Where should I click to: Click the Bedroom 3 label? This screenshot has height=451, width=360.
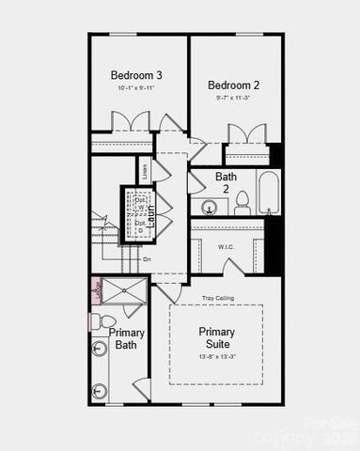tap(136, 75)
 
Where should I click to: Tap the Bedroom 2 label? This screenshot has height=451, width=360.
tap(233, 85)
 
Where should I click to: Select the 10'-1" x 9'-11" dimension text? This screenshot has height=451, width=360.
tap(136, 87)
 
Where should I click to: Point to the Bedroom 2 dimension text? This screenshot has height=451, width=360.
tap(233, 97)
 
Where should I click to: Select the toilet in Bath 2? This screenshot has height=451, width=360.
tap(242, 202)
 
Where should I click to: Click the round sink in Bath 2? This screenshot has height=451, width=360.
tap(208, 206)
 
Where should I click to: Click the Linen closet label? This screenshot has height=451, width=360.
tap(145, 170)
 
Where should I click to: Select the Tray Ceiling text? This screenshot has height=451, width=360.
tap(217, 298)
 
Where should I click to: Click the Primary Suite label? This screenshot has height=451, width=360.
tap(217, 338)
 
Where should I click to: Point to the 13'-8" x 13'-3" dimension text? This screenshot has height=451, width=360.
tap(217, 357)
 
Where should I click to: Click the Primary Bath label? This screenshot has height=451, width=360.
tap(126, 338)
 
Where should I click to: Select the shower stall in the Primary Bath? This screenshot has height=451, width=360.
tap(124, 289)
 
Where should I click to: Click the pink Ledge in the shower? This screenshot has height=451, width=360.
tap(96, 290)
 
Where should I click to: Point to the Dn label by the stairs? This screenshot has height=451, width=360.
tap(147, 259)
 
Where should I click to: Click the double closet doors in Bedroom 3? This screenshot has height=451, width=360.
tap(131, 122)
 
